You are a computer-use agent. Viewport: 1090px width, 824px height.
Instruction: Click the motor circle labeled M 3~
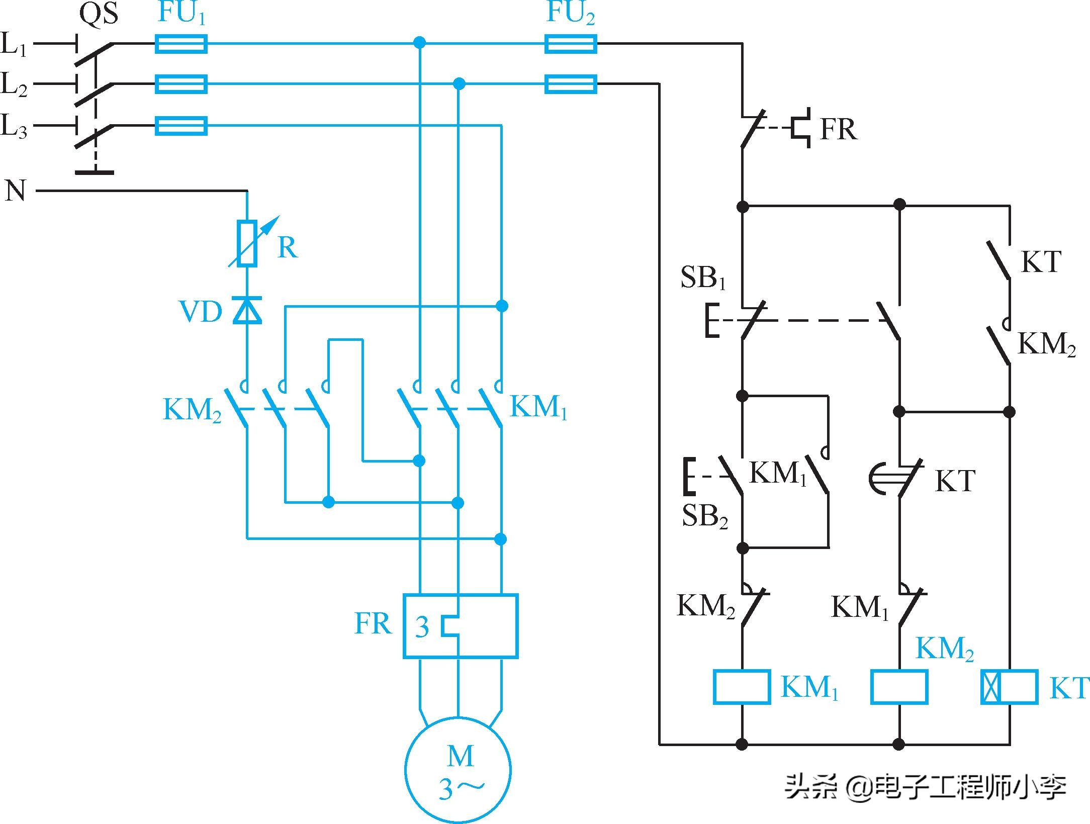(x=458, y=769)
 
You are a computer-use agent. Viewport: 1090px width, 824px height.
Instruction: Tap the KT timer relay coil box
(x=1010, y=687)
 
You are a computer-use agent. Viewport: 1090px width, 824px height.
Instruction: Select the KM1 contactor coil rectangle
(x=742, y=687)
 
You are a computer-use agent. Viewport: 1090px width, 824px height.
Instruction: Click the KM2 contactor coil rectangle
(x=899, y=687)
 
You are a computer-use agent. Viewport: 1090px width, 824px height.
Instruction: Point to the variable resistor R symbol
(x=247, y=243)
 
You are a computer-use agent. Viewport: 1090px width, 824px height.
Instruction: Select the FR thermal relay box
(x=461, y=626)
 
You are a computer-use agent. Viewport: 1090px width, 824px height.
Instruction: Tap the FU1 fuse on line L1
(x=181, y=44)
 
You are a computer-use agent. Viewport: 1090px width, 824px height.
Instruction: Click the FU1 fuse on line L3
(x=181, y=126)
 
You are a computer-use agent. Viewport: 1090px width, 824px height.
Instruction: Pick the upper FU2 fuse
(x=571, y=44)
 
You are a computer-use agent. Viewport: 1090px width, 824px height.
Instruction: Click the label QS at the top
(x=99, y=14)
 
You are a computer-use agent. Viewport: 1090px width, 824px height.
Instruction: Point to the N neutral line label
(x=15, y=191)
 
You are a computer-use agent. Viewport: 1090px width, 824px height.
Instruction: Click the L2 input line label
(x=14, y=84)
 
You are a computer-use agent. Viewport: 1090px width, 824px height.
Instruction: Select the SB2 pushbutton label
(x=704, y=516)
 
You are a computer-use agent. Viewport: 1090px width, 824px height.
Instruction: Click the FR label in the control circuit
(x=838, y=129)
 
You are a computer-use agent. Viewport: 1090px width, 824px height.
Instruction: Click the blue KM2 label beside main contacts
(x=192, y=410)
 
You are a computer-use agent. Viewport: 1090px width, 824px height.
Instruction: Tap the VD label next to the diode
(x=201, y=312)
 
